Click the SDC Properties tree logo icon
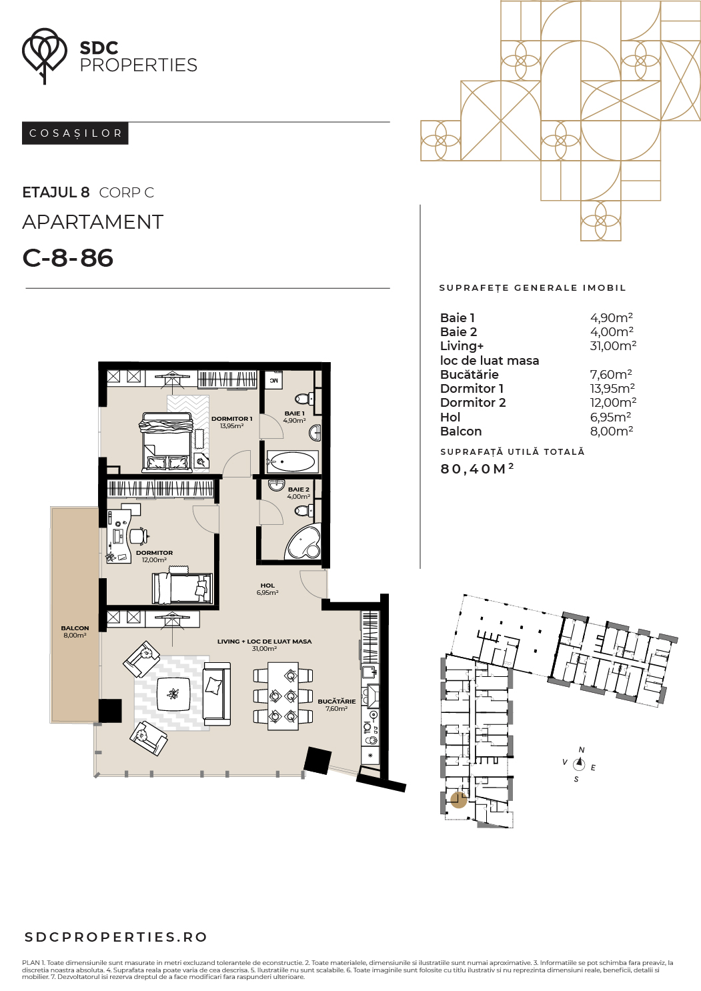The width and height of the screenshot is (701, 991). [x=44, y=55]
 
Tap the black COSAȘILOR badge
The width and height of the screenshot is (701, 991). [x=75, y=133]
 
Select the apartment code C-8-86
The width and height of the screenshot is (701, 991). [x=68, y=258]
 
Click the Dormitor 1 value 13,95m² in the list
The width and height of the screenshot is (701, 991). [x=612, y=388]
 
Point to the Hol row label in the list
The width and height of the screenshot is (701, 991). [x=450, y=417]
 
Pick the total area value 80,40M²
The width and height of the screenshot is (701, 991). [x=477, y=469]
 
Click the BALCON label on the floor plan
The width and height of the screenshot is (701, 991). [x=75, y=628]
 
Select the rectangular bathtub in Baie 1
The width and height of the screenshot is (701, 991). [x=293, y=462]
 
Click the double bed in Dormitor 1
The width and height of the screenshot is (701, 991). [x=167, y=442]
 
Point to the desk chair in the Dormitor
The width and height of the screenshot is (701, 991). [x=139, y=536]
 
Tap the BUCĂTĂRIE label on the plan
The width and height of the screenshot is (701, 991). [x=336, y=701]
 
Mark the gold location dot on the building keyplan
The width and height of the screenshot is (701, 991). [x=459, y=800]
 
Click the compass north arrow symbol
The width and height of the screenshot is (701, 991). [x=580, y=764]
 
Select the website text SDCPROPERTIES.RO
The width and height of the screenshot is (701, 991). [x=116, y=937]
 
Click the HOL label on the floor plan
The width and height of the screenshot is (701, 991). [x=267, y=586]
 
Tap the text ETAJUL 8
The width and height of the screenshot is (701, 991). [x=56, y=193]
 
